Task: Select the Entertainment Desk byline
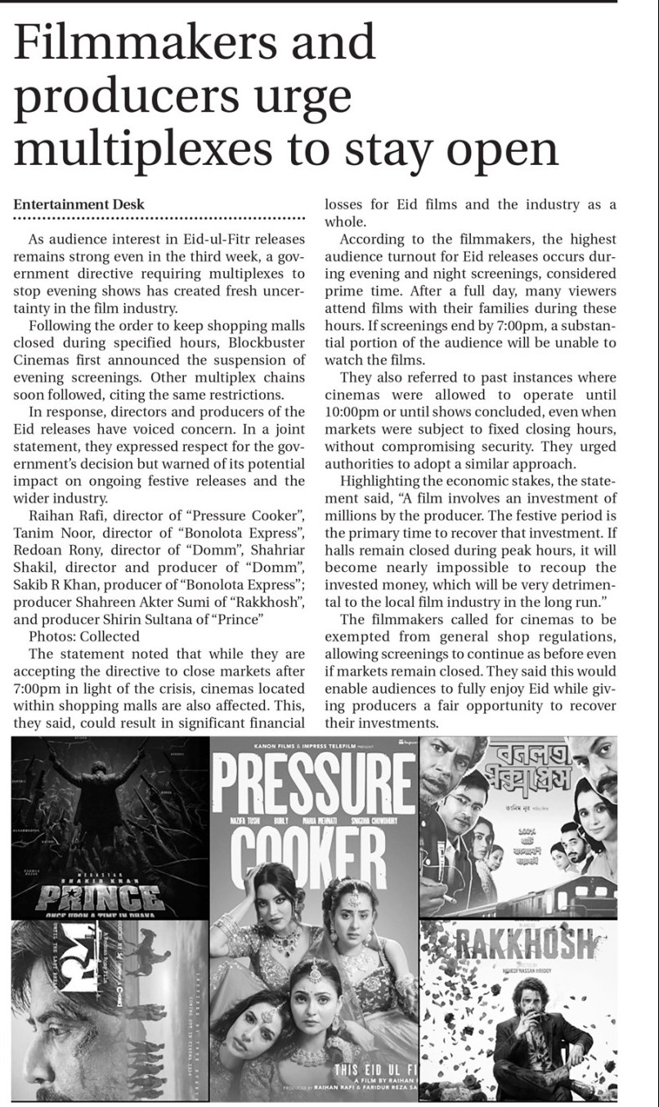78,204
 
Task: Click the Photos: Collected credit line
84,636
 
